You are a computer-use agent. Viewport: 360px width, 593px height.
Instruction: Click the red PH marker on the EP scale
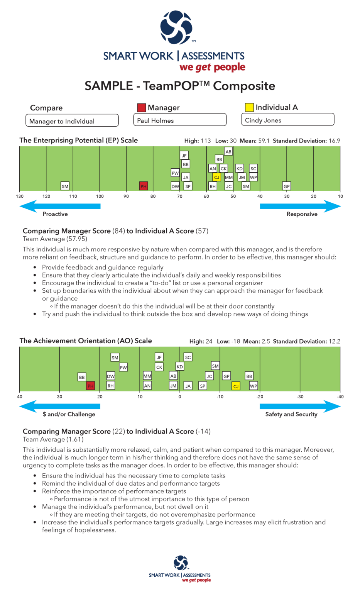click(144, 186)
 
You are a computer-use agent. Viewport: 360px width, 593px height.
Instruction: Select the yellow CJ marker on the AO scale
click(236, 386)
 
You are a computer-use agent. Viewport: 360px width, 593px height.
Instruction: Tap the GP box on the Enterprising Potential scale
click(287, 186)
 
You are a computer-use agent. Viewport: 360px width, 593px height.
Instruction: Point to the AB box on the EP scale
click(228, 152)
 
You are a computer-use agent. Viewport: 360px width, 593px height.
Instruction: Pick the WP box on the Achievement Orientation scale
click(253, 386)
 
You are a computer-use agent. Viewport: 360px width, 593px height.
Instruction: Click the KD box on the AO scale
click(180, 366)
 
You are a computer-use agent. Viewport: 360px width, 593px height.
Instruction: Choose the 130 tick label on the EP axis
click(20, 196)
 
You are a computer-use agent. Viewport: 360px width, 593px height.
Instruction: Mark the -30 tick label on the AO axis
click(300, 396)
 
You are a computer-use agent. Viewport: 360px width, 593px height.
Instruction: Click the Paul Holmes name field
click(180, 120)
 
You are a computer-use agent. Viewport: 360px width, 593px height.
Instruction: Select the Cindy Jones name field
click(287, 120)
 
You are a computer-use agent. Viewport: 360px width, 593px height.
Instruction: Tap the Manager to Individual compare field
click(72, 121)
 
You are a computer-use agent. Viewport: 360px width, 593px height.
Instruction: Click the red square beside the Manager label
click(142, 107)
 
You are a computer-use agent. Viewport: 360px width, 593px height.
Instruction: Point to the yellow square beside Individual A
click(249, 107)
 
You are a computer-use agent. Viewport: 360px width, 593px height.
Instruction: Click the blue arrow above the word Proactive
click(60, 206)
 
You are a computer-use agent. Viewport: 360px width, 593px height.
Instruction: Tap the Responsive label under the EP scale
click(302, 214)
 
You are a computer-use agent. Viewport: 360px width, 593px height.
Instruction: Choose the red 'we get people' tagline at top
click(212, 67)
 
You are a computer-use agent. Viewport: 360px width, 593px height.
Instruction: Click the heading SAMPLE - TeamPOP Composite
click(180, 86)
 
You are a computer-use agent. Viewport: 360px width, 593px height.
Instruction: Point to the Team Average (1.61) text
click(53, 439)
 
